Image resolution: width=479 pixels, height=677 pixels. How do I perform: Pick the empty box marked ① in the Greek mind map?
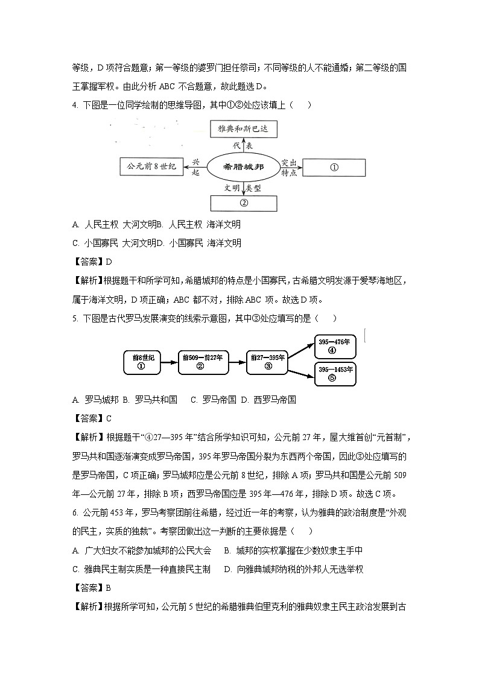click(x=334, y=167)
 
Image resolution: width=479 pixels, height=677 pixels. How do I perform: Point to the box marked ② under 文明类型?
click(x=244, y=203)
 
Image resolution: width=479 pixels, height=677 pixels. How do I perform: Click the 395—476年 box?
click(x=335, y=346)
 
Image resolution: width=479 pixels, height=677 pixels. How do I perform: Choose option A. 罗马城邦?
click(x=94, y=400)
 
